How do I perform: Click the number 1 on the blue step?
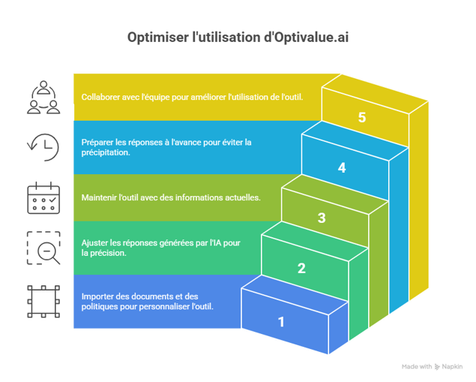point(282,323)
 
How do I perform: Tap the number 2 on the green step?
point(301,268)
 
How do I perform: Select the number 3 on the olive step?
point(322,218)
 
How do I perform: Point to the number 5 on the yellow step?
point(362,118)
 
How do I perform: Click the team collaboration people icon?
point(43,96)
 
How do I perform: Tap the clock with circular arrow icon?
point(43,146)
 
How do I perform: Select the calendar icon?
point(43,197)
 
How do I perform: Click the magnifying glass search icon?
point(43,248)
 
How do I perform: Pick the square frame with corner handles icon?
point(43,300)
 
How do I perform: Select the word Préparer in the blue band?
point(98,141)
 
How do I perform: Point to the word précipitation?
point(106,152)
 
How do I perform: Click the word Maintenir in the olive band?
point(100,197)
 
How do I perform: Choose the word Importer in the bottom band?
point(98,296)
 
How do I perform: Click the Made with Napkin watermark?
point(431,366)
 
